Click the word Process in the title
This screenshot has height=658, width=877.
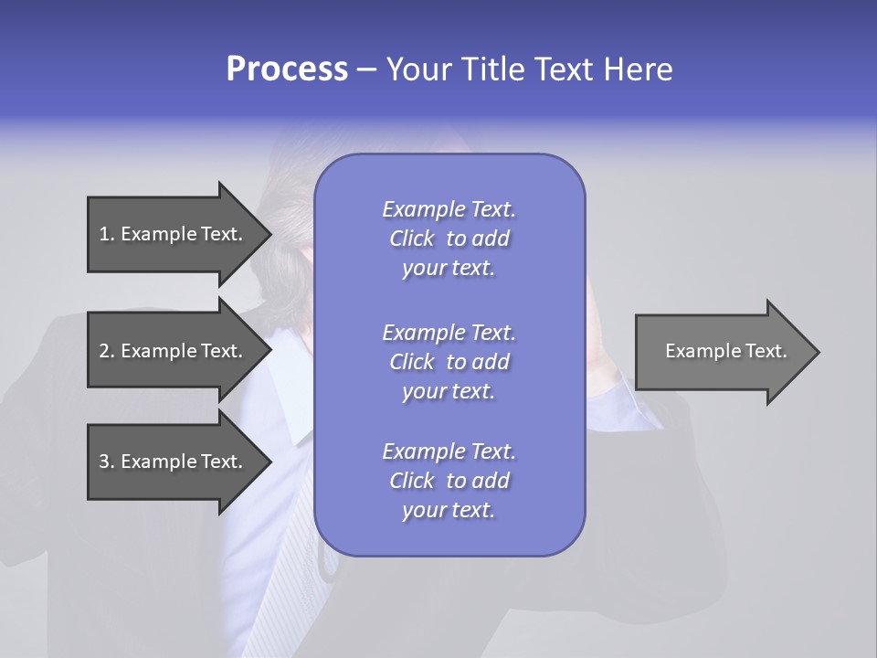287,69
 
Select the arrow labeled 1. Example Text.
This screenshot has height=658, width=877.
174,234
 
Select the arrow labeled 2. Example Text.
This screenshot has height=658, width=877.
174,351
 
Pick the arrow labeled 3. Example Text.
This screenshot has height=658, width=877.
174,462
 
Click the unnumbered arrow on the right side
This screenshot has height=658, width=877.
722,351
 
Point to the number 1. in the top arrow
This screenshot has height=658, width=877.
106,234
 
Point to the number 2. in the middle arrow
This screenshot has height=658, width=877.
106,351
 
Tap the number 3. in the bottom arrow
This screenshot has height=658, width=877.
106,462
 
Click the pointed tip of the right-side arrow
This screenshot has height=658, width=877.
815,351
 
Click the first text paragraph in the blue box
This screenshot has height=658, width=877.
449,239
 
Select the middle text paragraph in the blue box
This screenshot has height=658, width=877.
449,362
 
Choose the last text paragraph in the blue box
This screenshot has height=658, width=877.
449,481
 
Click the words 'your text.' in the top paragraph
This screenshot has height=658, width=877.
449,269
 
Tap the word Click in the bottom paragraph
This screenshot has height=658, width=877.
411,482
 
